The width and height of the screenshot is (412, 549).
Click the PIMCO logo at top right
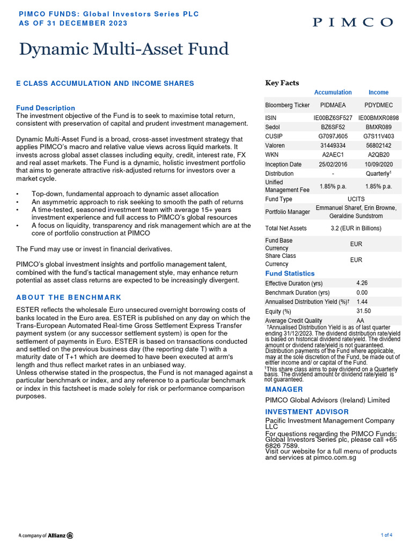click(352, 22)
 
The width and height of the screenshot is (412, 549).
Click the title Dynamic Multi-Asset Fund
click(124, 49)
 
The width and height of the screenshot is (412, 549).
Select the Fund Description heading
click(46, 108)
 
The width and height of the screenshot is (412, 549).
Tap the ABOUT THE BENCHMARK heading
click(69, 297)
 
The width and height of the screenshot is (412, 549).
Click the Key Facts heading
click(282, 83)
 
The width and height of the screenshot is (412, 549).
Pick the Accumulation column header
click(333, 92)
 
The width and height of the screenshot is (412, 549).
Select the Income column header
click(378, 92)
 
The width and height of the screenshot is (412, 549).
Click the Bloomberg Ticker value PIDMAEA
click(333, 105)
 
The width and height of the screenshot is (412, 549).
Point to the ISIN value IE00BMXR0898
click(378, 117)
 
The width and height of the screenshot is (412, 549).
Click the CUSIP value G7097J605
click(333, 136)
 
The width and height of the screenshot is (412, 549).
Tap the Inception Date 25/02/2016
click(333, 165)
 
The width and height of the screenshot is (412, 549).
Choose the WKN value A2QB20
click(378, 155)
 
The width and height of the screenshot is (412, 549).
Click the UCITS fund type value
click(356, 199)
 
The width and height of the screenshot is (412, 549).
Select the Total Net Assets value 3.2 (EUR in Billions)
click(356, 228)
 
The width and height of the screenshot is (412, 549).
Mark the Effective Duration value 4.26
click(362, 283)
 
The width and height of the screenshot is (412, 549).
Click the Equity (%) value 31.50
click(364, 311)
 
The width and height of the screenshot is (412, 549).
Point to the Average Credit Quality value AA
click(360, 321)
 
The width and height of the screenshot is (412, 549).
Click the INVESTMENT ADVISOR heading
click(307, 412)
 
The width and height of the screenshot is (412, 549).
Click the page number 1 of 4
click(386, 535)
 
